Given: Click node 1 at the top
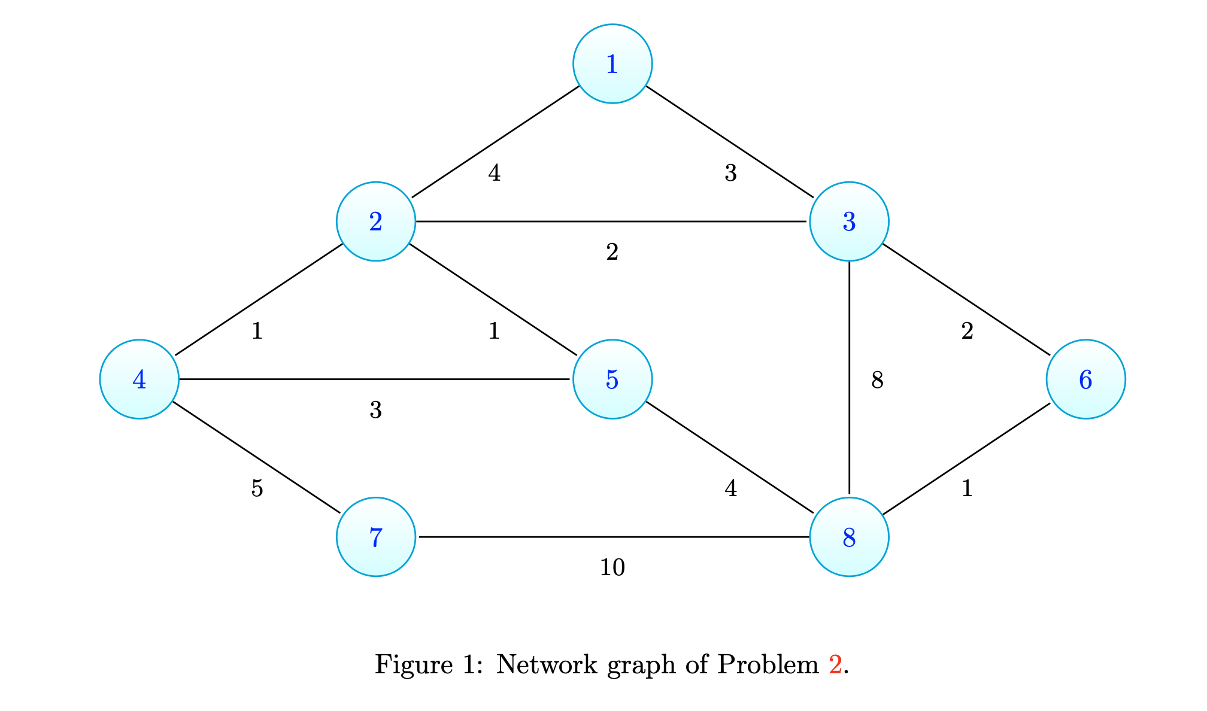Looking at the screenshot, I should pos(612,63).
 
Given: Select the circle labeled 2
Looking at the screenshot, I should pos(375,221).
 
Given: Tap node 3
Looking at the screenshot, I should pos(848,221).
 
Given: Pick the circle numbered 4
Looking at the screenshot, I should pos(139,379).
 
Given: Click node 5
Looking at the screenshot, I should pos(612,379).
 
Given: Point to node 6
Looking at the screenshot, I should pos(1085,379).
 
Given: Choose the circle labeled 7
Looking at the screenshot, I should pos(375,537).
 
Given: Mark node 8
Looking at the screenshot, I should pos(848,537).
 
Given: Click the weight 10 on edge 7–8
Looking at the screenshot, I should pos(612,567).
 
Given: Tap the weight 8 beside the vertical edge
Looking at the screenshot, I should pos(877,379).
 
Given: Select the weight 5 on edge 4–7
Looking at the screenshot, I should pos(257,489).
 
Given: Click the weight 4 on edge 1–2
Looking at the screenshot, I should pos(494,173).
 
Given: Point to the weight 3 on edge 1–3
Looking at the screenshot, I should pos(730,173).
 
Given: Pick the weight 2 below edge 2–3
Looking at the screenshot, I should pos(612,252).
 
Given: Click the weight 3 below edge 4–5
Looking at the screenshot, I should pos(375,410).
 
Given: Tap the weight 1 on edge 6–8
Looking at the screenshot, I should pos(966,489).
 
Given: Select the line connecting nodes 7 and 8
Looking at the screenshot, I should pos(612,537).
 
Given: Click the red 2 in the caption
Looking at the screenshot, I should pos(835,664).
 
